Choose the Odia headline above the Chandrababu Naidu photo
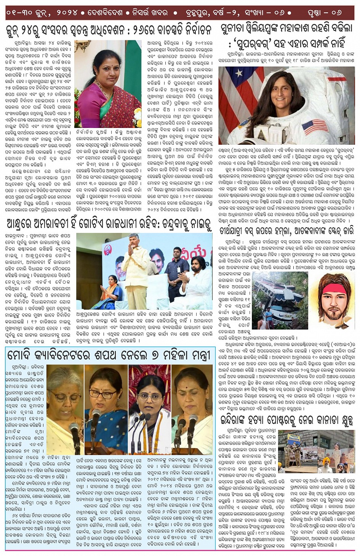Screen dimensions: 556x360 coord(109,224)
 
